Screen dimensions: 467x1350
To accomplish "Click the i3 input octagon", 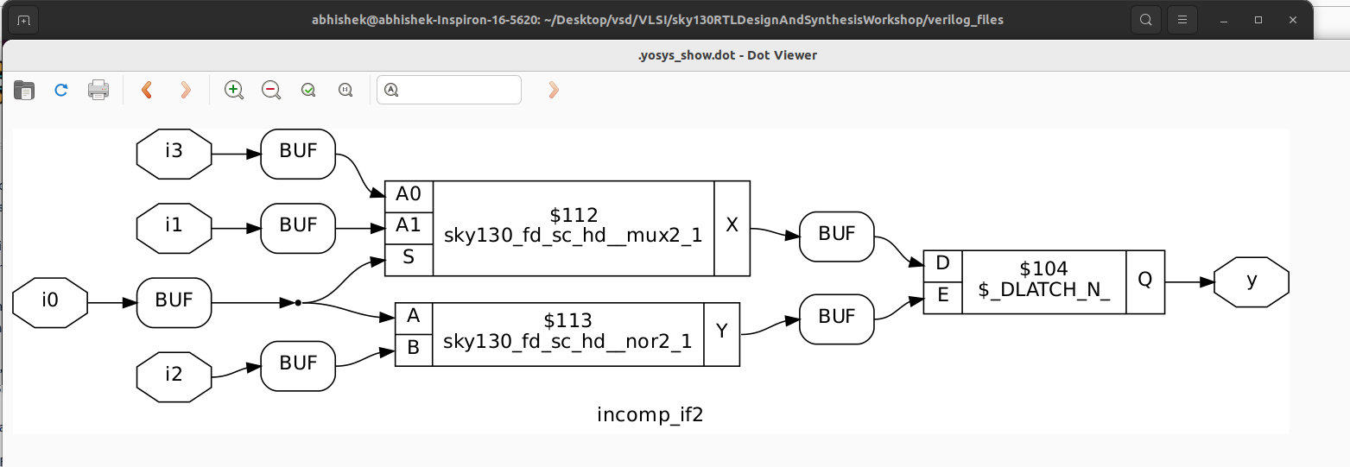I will pyautogui.click(x=174, y=155).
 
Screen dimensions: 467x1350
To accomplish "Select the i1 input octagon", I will pyautogui.click(x=174, y=229).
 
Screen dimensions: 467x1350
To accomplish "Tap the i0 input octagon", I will pyautogui.click(x=50, y=303).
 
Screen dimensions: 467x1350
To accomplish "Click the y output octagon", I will pyautogui.click(x=1251, y=282).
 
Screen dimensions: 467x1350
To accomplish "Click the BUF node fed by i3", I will pyautogui.click(x=298, y=155).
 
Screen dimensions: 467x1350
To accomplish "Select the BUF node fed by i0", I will pyautogui.click(x=174, y=303).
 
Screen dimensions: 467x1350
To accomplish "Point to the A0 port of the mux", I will pyautogui.click(x=409, y=196).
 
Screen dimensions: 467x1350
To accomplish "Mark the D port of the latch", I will pyautogui.click(x=942, y=263).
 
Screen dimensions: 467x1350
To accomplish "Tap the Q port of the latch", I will pyautogui.click(x=1144, y=281).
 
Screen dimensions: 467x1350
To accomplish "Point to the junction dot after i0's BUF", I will pyautogui.click(x=298, y=303).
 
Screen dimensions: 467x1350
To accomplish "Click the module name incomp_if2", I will pyautogui.click(x=650, y=415).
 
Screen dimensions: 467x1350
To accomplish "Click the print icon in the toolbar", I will pyautogui.click(x=98, y=90).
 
